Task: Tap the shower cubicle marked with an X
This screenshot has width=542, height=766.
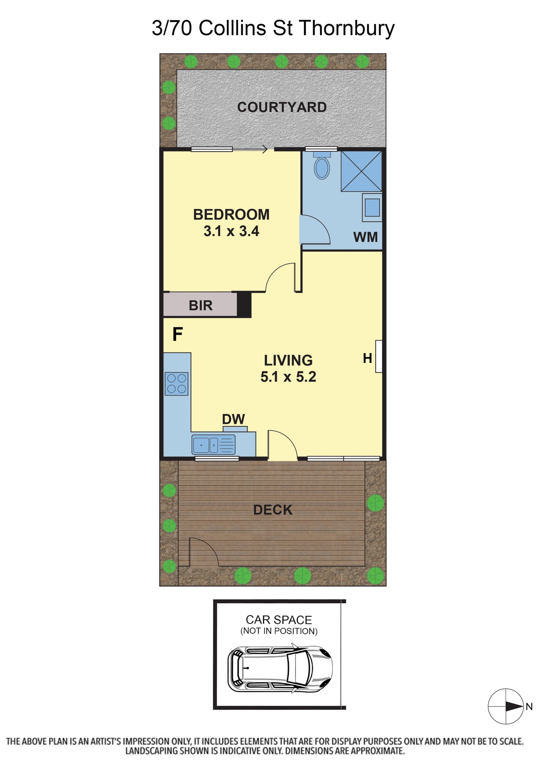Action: pyautogui.click(x=361, y=171)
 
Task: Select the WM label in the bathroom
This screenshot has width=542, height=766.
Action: pyautogui.click(x=366, y=237)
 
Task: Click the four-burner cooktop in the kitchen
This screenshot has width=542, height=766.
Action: pyautogui.click(x=176, y=384)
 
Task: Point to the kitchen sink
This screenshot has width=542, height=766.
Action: pyautogui.click(x=213, y=445)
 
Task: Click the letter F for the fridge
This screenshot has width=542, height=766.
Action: pyautogui.click(x=178, y=334)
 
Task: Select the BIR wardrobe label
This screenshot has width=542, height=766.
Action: pyautogui.click(x=201, y=305)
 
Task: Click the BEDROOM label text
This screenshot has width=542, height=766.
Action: pyautogui.click(x=231, y=214)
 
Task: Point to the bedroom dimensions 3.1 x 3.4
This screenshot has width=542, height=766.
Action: pyautogui.click(x=231, y=231)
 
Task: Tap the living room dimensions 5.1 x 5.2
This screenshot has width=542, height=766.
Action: pyautogui.click(x=288, y=377)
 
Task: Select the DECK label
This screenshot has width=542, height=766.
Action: pyautogui.click(x=273, y=510)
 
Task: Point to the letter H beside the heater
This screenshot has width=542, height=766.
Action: pyautogui.click(x=368, y=358)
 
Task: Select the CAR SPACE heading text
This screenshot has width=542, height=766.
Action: pyautogui.click(x=279, y=620)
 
